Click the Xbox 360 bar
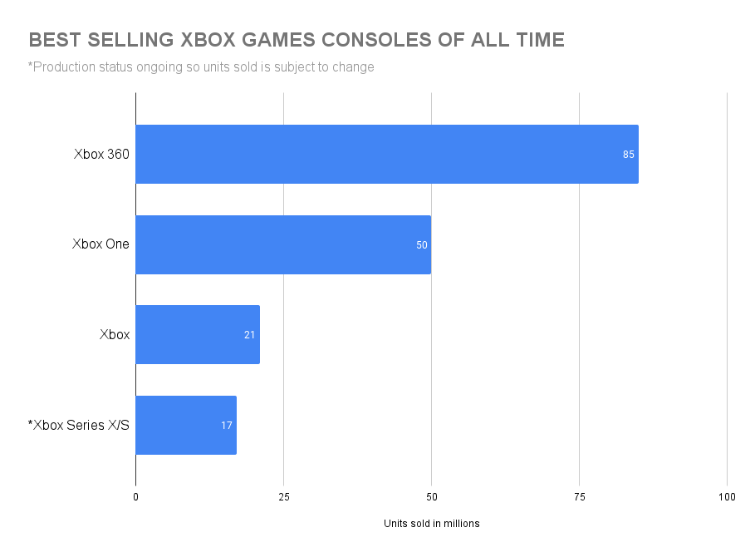pyautogui.click(x=386, y=154)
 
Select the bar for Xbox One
pyautogui.click(x=282, y=244)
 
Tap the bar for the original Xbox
pyautogui.click(x=197, y=334)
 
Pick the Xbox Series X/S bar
pyautogui.click(x=185, y=425)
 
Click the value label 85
pyautogui.click(x=629, y=155)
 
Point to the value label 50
pyautogui.click(x=421, y=245)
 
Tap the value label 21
pyautogui.click(x=250, y=335)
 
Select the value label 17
pyautogui.click(x=227, y=426)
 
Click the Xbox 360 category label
pyautogui.click(x=101, y=154)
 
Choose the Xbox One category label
pyautogui.click(x=100, y=244)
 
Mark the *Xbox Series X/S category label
pyautogui.click(x=79, y=425)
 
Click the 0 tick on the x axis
pyautogui.click(x=136, y=497)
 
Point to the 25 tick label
pyautogui.click(x=284, y=497)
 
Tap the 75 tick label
pyautogui.click(x=580, y=497)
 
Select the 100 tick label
pyautogui.click(x=727, y=497)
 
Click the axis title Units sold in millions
pyautogui.click(x=431, y=524)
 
